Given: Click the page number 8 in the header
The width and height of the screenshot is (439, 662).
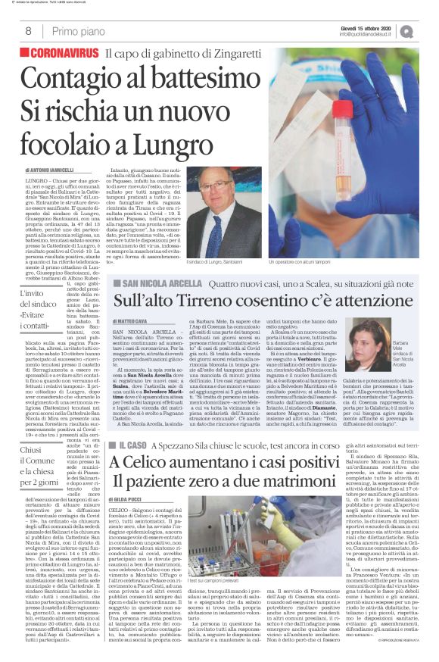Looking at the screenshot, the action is (28, 31).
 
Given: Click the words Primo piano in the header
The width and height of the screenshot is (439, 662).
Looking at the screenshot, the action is (79, 31).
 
